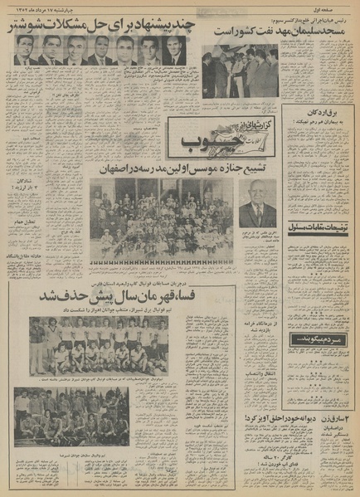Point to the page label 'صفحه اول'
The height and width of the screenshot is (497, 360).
332,7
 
